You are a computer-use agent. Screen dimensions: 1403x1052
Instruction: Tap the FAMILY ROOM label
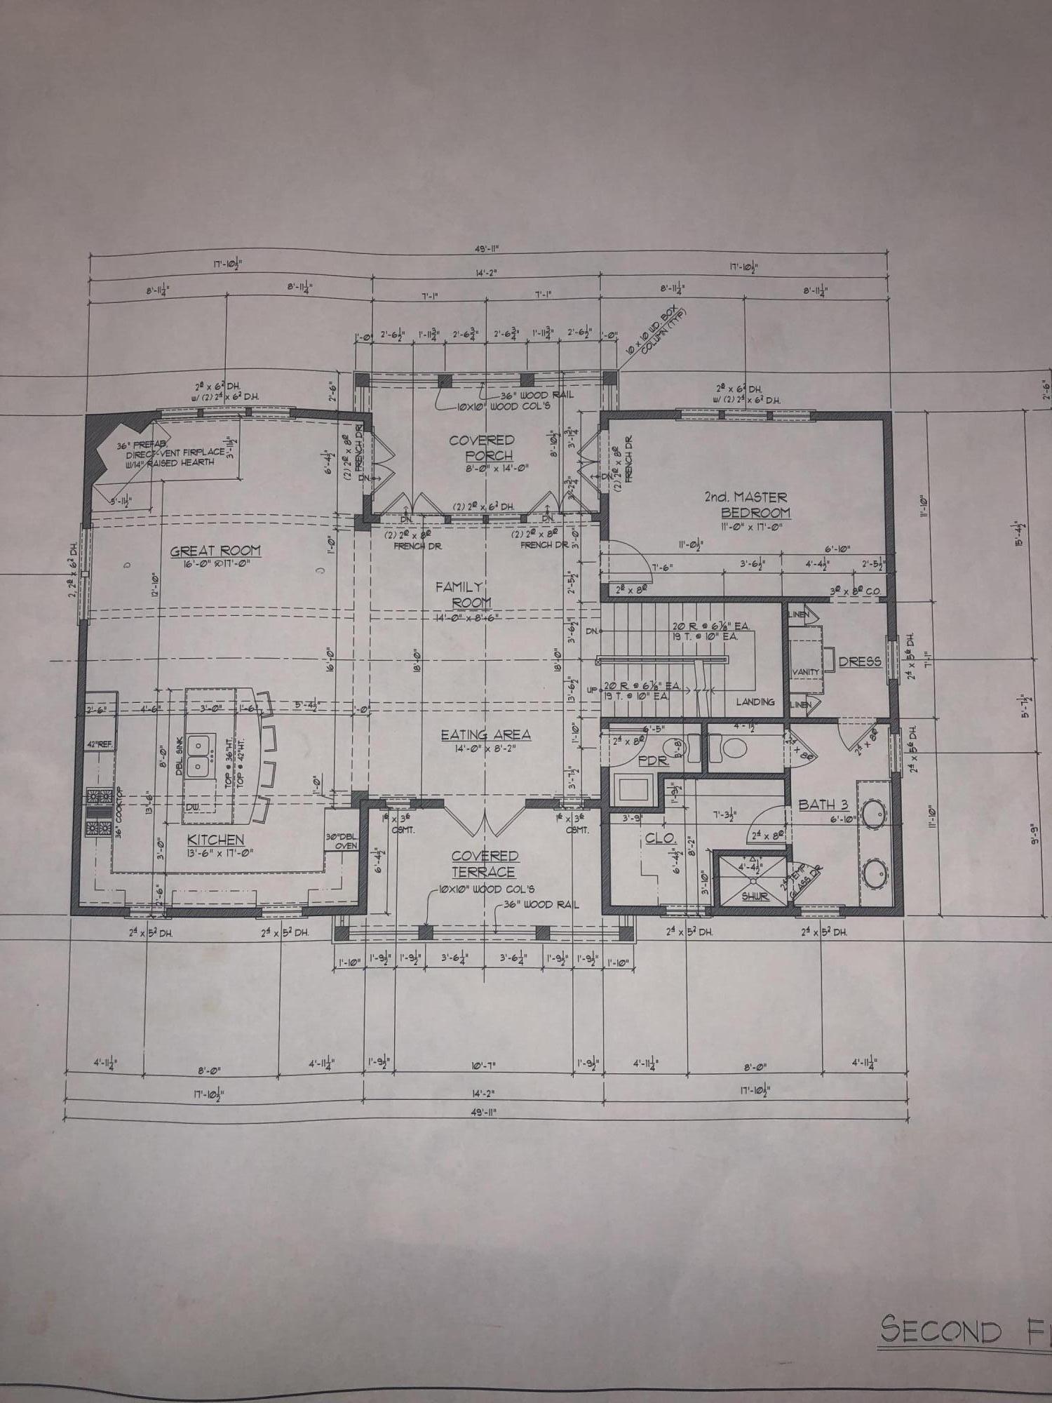point(460,594)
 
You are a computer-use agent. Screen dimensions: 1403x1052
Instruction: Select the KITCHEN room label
point(215,840)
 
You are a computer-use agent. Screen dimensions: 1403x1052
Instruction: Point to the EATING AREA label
point(485,734)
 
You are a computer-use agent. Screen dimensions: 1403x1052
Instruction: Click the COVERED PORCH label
point(482,448)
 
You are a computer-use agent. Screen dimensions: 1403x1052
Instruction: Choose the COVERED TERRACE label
point(485,864)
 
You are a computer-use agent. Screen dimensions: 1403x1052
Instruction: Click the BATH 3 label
point(823,805)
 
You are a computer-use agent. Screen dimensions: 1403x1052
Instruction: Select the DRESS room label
point(860,661)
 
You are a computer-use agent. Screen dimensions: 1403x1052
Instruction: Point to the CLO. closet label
point(660,838)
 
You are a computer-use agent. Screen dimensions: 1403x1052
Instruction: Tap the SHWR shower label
point(755,897)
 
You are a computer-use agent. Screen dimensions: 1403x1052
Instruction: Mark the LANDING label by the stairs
point(755,701)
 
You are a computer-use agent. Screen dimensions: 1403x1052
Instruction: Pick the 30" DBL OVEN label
point(342,840)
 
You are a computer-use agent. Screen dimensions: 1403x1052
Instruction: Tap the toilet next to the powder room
point(730,749)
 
